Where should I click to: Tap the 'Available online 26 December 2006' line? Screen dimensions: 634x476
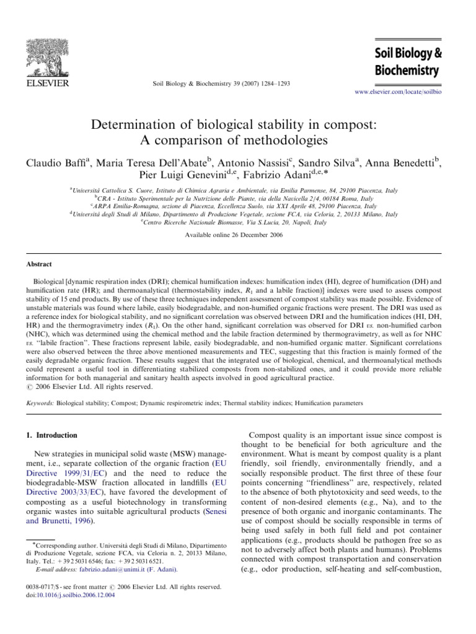tap(239, 237)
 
